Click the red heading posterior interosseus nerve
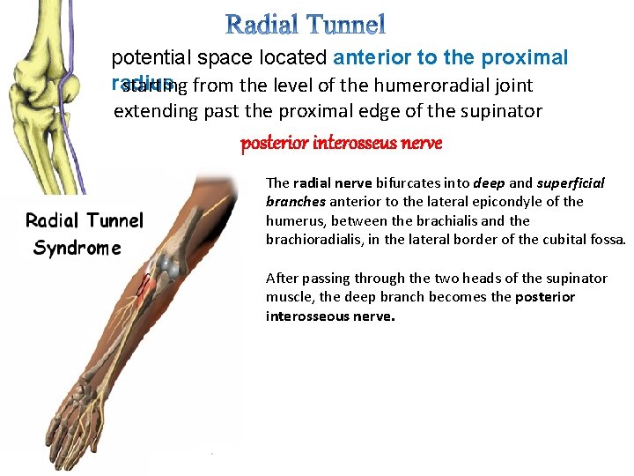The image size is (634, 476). [x=342, y=143]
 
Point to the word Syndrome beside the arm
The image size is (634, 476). [x=77, y=248]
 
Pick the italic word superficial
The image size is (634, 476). [x=571, y=183]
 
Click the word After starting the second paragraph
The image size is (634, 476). [x=282, y=279]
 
